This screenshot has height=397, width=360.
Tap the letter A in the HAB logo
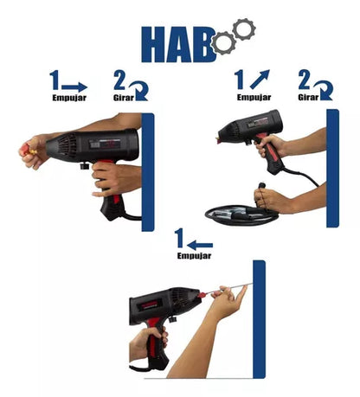click(x=178, y=44)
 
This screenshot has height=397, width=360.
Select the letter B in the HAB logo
click(x=203, y=44)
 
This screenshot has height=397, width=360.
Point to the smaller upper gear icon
click(x=244, y=29)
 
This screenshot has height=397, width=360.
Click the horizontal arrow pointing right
click(x=74, y=87)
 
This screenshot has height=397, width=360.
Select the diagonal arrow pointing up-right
click(x=260, y=79)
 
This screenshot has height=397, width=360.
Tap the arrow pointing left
click(x=200, y=246)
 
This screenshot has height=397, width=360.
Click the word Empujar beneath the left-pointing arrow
click(x=194, y=256)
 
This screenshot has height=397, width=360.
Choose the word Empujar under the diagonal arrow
click(x=254, y=98)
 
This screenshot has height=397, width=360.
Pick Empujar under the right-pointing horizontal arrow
click(x=69, y=98)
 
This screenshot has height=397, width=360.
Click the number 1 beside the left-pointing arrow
click(x=180, y=238)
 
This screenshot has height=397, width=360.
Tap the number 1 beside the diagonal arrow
click(x=239, y=80)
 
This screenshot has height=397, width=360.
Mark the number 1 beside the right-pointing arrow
click(x=55, y=80)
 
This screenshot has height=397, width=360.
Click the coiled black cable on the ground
click(x=241, y=215)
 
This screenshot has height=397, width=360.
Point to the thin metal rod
click(x=230, y=288)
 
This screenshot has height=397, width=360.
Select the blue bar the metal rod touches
click(x=259, y=319)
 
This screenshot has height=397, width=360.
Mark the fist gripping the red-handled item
click(x=32, y=151)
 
